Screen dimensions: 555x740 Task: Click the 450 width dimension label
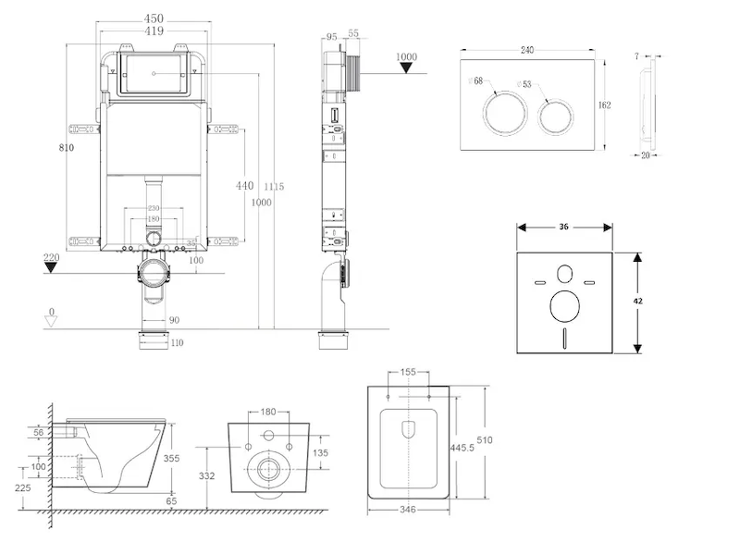pos(154,18)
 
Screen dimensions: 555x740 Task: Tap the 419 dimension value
pos(154,31)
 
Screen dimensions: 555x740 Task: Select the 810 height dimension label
pos(65,147)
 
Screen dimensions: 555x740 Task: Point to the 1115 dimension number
pos(273,187)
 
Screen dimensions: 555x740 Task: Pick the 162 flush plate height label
pos(604,105)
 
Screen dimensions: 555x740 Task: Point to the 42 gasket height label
pos(638,302)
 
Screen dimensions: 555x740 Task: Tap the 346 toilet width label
pos(407,509)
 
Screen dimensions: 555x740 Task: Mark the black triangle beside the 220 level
pos(52,268)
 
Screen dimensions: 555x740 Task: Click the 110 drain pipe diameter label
pos(177,343)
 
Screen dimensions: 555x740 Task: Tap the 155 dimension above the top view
pos(408,373)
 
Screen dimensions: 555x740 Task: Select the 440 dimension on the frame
pos(243,185)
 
